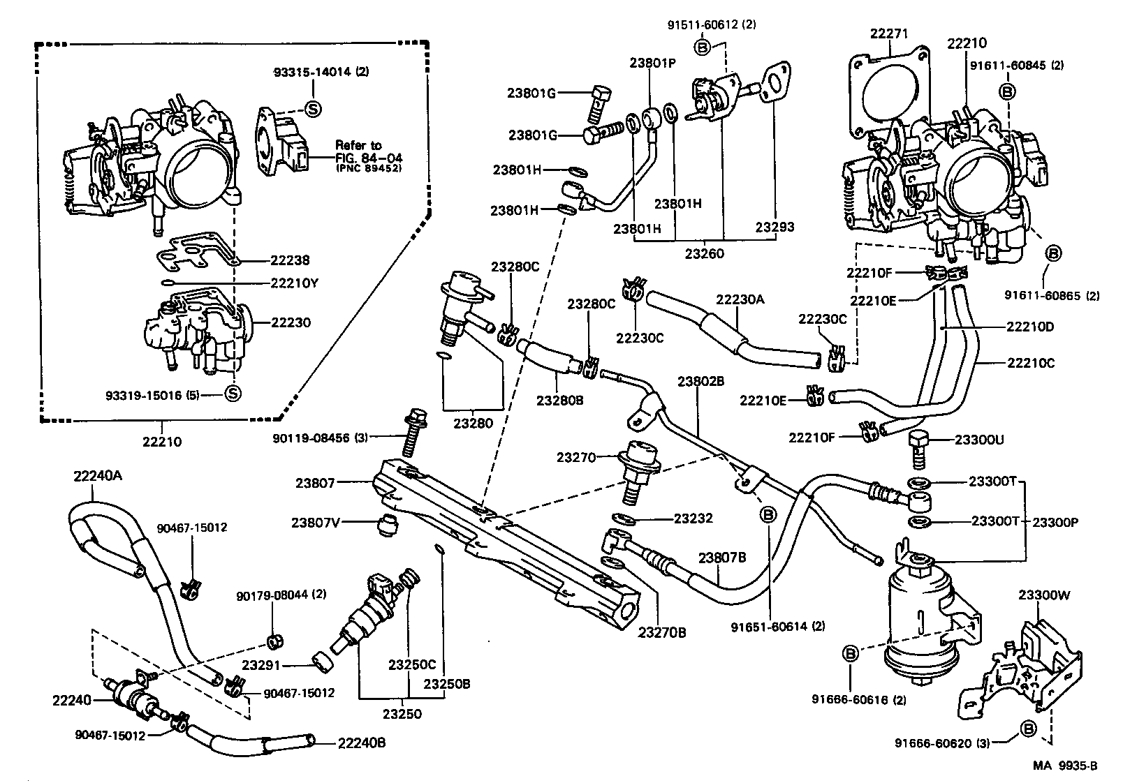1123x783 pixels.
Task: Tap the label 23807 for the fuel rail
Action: click(x=315, y=482)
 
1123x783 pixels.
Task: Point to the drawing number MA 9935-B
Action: click(x=1066, y=766)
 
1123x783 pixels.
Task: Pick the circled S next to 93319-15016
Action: click(x=233, y=394)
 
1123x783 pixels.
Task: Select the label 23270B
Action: click(x=661, y=633)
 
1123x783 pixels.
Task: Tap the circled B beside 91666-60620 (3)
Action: click(x=1027, y=729)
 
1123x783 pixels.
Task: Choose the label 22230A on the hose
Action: click(x=740, y=299)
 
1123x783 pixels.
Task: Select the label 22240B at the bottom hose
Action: click(x=361, y=743)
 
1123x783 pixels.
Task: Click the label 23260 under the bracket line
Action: click(x=704, y=253)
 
